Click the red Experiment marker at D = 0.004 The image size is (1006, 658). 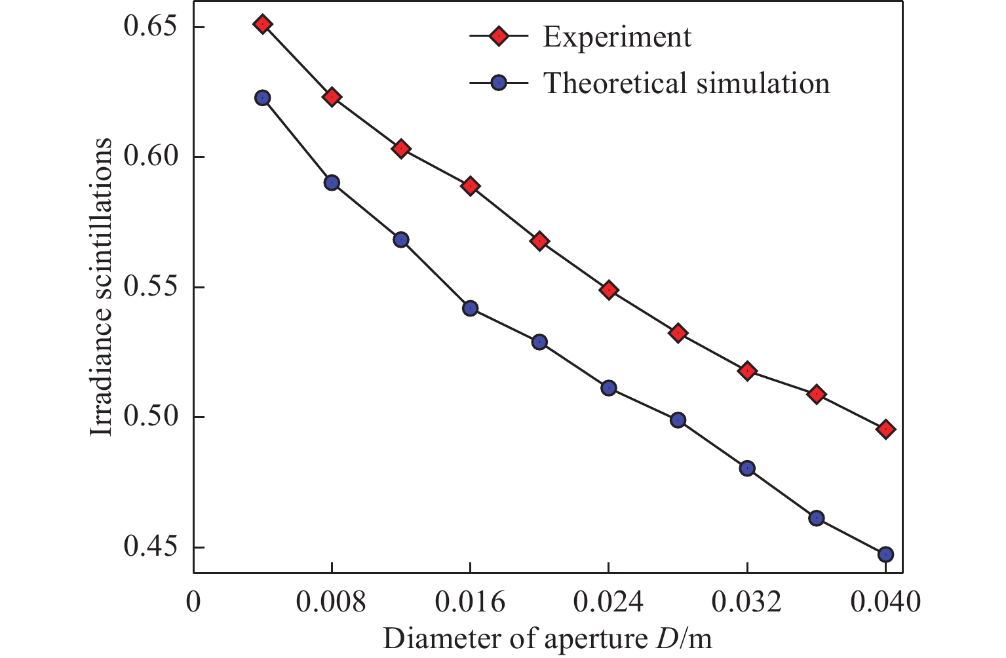263,24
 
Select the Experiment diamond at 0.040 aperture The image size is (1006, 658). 885,429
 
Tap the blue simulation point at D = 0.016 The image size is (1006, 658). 470,308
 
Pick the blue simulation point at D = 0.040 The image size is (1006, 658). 885,554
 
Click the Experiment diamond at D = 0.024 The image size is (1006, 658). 609,290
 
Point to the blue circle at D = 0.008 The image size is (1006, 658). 332,183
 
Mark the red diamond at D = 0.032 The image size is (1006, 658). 747,371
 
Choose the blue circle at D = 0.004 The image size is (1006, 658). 263,98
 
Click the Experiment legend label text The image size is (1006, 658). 617,37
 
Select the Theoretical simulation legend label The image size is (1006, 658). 686,83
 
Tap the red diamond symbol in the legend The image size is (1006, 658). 499,37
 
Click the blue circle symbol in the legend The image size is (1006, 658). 499,83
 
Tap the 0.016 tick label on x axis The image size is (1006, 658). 470,602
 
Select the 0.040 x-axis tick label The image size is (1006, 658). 885,602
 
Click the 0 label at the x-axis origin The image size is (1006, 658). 193,602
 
